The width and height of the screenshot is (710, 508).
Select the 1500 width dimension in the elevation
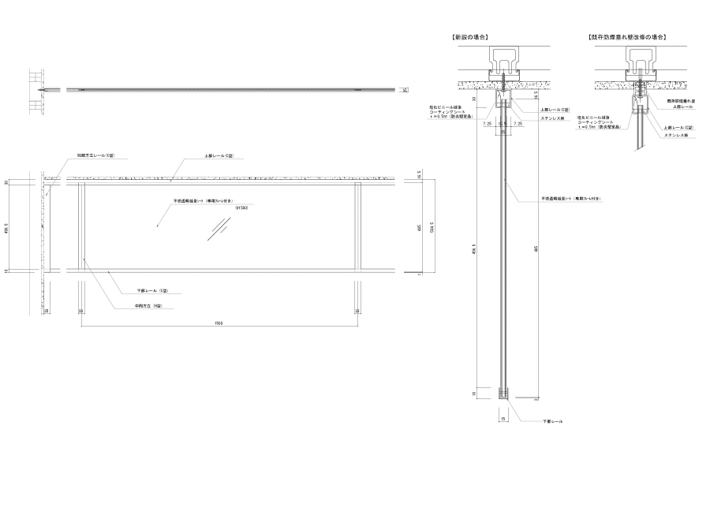coord(219,323)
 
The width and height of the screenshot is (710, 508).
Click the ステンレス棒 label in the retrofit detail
coord(677,135)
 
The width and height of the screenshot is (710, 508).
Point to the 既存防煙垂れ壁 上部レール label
coord(680,103)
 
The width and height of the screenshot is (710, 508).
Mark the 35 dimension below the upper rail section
coord(503,133)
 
